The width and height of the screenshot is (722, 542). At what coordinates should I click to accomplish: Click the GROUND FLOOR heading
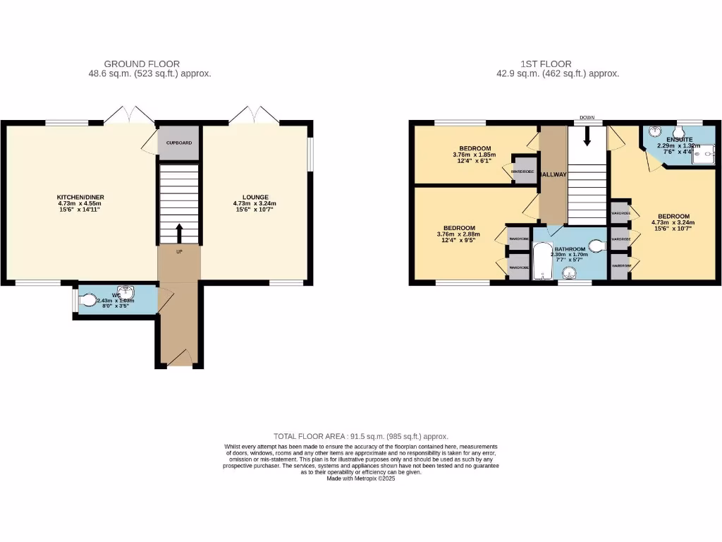click(142, 64)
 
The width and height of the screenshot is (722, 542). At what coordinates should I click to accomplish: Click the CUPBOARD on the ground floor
click(178, 143)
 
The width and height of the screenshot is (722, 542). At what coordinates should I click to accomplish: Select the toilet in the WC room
click(88, 301)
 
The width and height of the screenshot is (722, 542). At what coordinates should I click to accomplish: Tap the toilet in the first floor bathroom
click(597, 246)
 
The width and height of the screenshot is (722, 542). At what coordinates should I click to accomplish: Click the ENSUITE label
click(680, 140)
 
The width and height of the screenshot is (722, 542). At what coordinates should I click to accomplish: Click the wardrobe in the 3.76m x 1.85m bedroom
click(522, 171)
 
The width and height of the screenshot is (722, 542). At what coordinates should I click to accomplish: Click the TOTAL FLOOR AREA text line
click(360, 437)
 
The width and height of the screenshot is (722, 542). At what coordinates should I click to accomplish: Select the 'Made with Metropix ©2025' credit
click(361, 478)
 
